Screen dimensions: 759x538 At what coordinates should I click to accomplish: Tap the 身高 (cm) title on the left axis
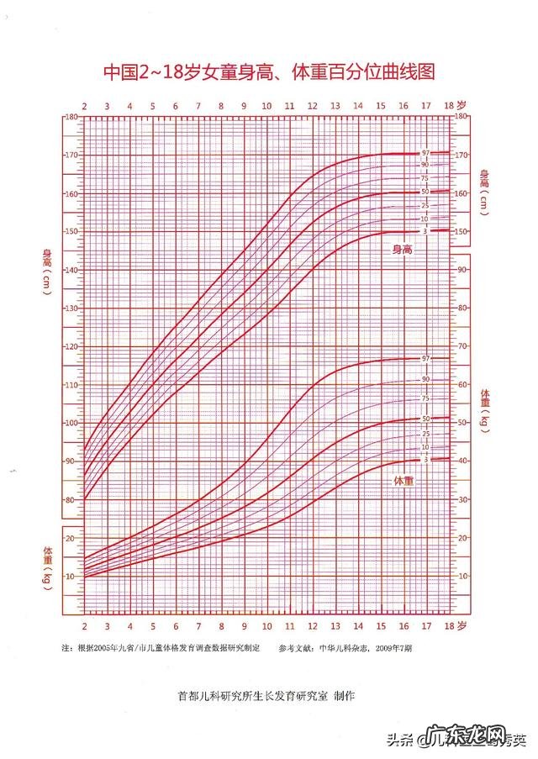pos(48,271)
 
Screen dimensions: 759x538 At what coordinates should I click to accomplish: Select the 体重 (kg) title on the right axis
pos(485,411)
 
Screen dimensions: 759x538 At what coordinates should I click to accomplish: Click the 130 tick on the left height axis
pos(72,308)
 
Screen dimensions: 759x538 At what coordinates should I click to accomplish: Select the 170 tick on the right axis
pos(462,155)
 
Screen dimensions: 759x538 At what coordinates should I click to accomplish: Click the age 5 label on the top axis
pos(152,107)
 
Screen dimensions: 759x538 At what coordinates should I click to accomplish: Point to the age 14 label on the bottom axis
pos(357,627)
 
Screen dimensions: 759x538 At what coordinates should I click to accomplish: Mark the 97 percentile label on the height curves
pos(426,153)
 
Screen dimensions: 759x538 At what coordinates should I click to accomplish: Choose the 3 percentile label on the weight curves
pos(426,460)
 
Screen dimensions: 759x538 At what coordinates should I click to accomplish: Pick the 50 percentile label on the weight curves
pos(426,419)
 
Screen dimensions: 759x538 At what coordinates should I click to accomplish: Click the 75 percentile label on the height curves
pos(425,178)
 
